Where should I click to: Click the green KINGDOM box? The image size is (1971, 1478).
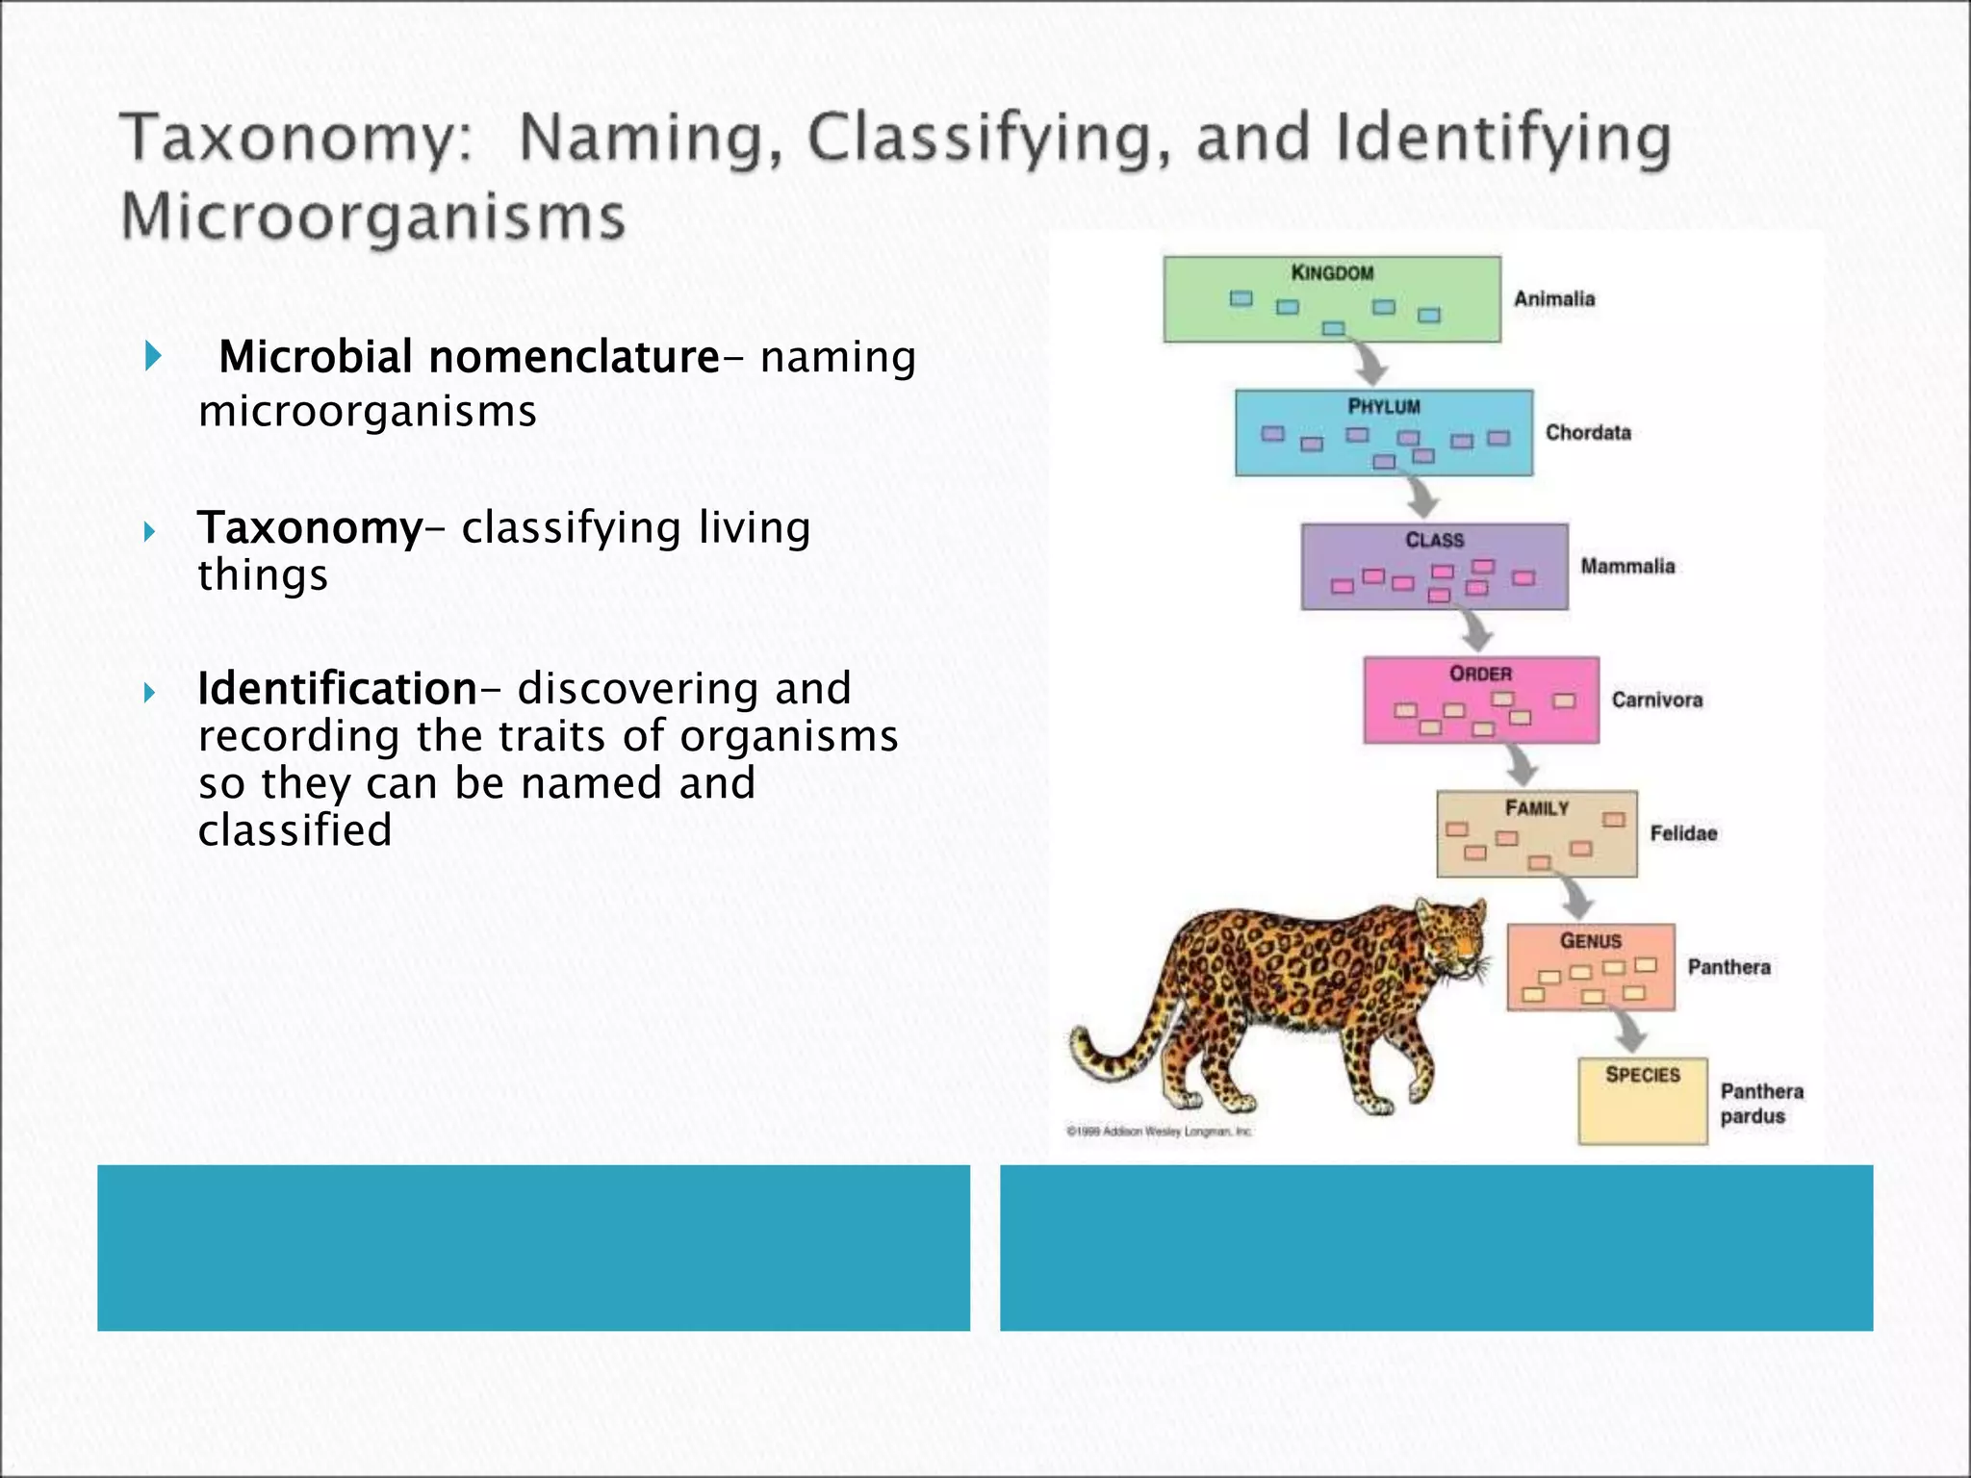click(1331, 298)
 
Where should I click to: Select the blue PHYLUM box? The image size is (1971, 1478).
click(1383, 432)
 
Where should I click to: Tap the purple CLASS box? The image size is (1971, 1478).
click(1434, 566)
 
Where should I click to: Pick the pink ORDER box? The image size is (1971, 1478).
click(1480, 700)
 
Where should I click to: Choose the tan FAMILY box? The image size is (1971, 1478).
click(1536, 833)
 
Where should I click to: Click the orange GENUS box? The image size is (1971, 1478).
click(1590, 966)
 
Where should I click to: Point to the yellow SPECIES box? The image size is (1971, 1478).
click(1642, 1101)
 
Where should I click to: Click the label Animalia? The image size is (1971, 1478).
click(1553, 299)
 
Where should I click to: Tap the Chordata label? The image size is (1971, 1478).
click(1588, 433)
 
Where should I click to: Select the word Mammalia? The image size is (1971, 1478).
click(1627, 567)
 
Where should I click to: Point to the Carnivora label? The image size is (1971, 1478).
click(1656, 701)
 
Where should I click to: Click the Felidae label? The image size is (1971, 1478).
click(1683, 833)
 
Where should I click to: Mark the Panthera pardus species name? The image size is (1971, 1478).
click(1760, 1104)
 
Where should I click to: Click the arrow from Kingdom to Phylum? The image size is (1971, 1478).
click(1369, 362)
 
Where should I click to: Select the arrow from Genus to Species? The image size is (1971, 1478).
click(1628, 1032)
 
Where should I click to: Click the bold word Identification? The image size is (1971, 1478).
click(337, 689)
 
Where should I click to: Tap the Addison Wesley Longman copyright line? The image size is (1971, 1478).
click(1159, 1132)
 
